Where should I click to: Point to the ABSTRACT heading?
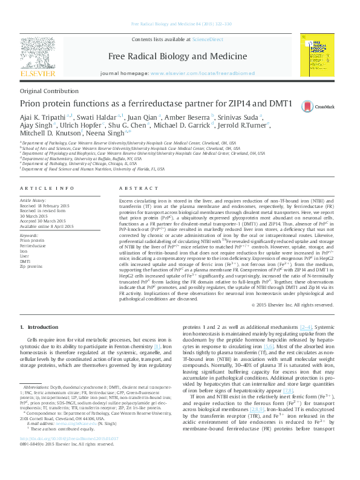click(135, 189)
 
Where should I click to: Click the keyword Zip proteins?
click(31, 266)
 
